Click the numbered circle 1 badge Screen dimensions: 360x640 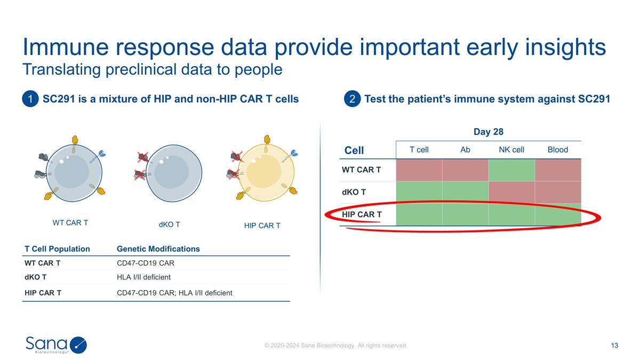pyautogui.click(x=31, y=99)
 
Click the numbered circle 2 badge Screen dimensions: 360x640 pyautogui.click(x=353, y=99)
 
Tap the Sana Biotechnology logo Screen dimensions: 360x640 pyautogui.click(x=56, y=345)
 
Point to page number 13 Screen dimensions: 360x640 pyautogui.click(x=614, y=346)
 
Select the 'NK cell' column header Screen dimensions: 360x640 pyautogui.click(x=511, y=150)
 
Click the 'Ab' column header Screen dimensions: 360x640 pyautogui.click(x=465, y=150)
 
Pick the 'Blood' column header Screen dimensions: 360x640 pyautogui.click(x=557, y=150)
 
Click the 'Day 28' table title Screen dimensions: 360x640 pyautogui.click(x=489, y=132)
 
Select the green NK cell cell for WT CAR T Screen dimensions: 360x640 pyautogui.click(x=511, y=170)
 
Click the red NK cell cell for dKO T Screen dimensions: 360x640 pyautogui.click(x=511, y=192)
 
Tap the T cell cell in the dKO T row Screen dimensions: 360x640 pyautogui.click(x=419, y=192)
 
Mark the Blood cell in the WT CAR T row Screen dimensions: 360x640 pyautogui.click(x=557, y=170)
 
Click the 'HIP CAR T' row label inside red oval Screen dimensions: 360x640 pyautogui.click(x=362, y=214)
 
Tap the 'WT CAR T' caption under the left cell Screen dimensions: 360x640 pyautogui.click(x=70, y=223)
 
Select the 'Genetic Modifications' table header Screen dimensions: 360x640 pyautogui.click(x=158, y=249)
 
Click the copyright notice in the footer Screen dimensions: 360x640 pyautogui.click(x=336, y=346)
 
